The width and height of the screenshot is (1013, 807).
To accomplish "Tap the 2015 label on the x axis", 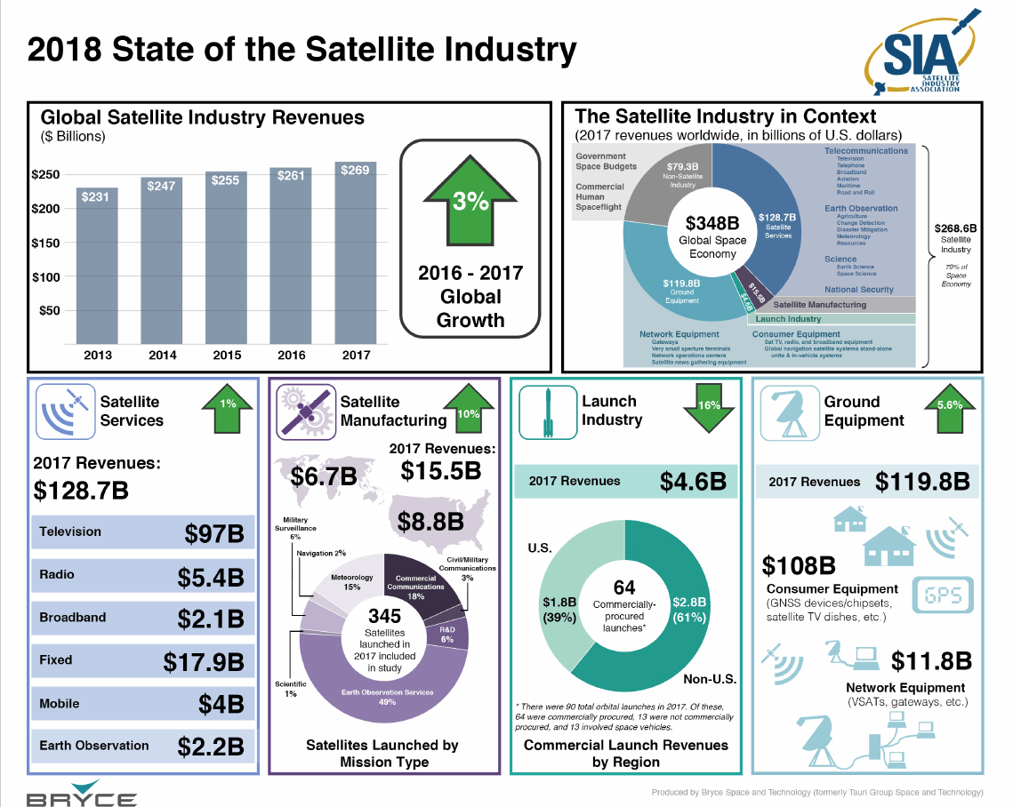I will pyautogui.click(x=227, y=356).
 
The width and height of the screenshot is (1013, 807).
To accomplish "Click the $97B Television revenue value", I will pyautogui.click(x=214, y=533).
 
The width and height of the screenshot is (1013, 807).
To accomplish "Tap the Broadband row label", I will pyautogui.click(x=73, y=617).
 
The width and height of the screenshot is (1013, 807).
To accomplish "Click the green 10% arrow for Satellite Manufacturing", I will pyautogui.click(x=468, y=411).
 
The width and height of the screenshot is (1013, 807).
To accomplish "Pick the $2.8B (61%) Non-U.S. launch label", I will pyautogui.click(x=689, y=610).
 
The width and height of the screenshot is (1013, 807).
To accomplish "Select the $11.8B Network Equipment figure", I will pyautogui.click(x=931, y=661).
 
